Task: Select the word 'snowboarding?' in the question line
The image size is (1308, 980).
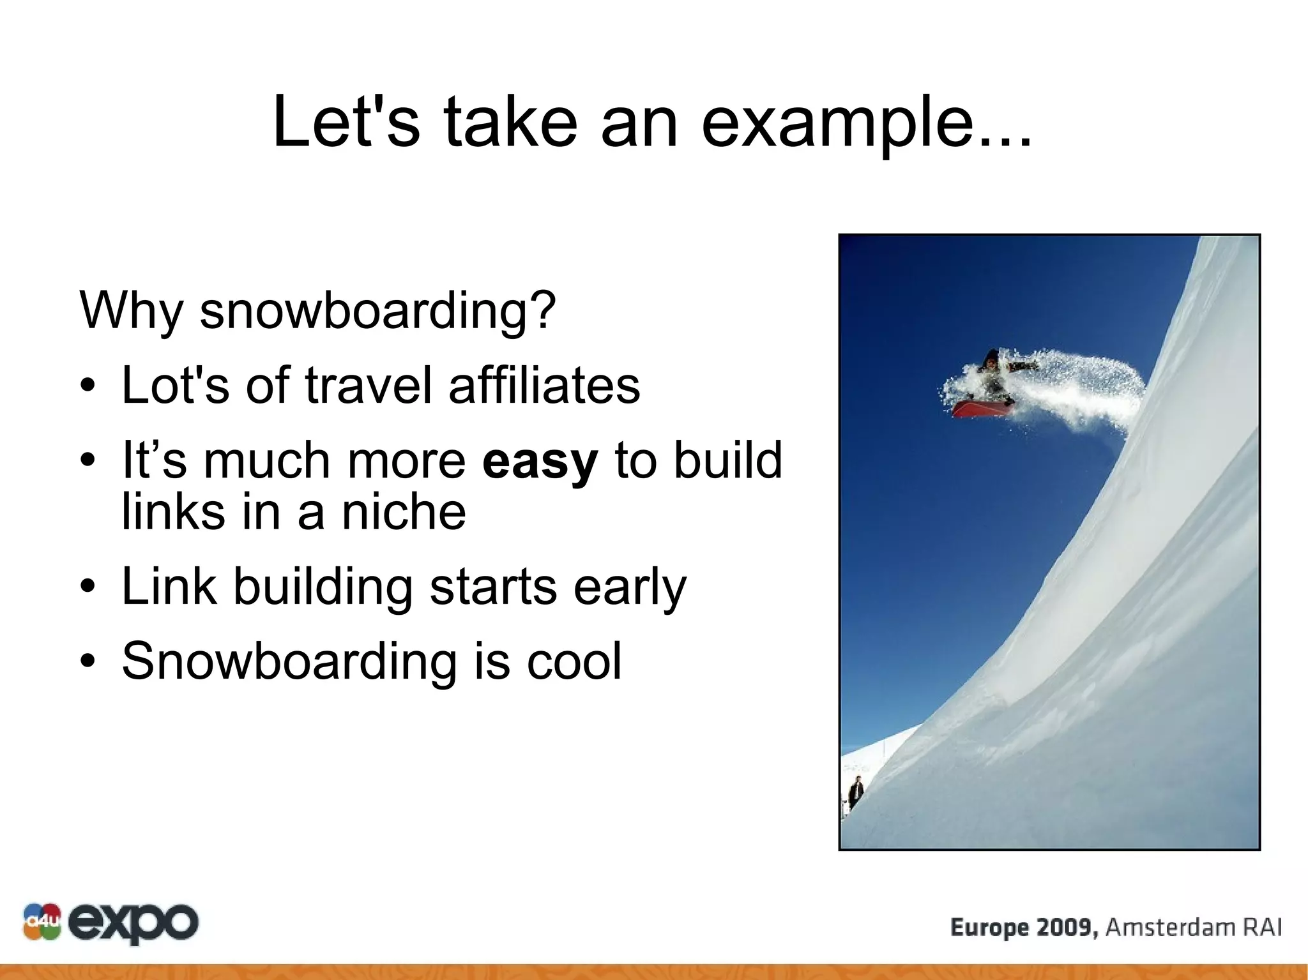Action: click(377, 311)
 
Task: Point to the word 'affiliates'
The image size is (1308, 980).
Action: click(544, 385)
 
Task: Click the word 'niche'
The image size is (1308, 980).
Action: click(404, 512)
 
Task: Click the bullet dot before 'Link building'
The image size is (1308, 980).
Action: click(88, 586)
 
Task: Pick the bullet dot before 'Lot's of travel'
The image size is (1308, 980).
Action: click(88, 385)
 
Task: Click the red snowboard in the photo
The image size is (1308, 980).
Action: click(981, 408)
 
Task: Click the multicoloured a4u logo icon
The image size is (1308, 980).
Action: click(42, 921)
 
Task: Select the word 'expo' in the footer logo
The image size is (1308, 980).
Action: click(133, 923)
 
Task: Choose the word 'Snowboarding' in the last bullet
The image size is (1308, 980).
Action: click(289, 662)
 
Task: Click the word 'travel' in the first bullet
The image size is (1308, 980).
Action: click(369, 385)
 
